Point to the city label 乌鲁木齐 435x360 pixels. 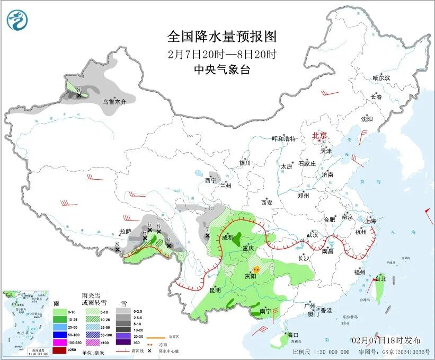pos(115,101)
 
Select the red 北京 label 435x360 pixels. pos(320,136)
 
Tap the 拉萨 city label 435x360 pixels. pos(125,231)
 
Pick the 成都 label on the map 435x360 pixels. pos(227,238)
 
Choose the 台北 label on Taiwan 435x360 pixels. pos(381,278)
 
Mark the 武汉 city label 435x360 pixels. pos(312,234)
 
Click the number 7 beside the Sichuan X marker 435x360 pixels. pos(208,230)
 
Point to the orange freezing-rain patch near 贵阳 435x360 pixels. pos(256,269)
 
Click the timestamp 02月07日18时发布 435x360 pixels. pos(386,340)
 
